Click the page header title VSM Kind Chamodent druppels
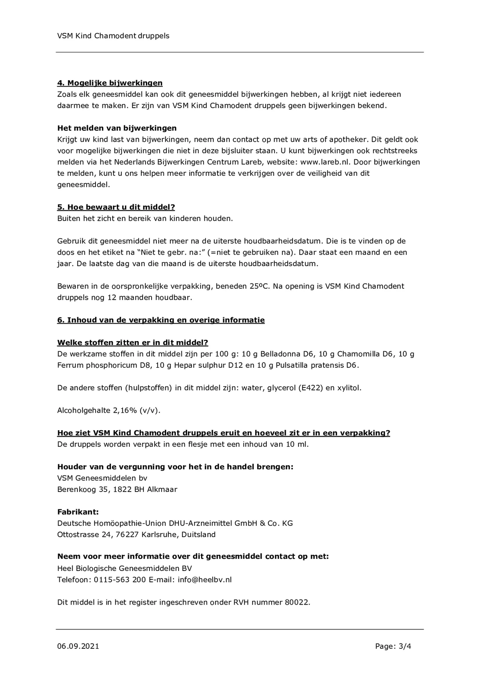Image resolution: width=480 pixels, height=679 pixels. click(113, 36)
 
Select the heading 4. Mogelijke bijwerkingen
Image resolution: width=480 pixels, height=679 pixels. click(110, 83)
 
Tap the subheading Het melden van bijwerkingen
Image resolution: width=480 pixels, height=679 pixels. click(117, 128)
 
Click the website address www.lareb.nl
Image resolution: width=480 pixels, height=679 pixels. click(325, 162)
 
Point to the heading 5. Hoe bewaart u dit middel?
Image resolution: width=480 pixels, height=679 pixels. click(116, 207)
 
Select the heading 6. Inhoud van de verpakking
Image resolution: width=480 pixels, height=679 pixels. click(161, 320)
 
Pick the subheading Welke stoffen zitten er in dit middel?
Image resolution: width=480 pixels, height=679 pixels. click(133, 342)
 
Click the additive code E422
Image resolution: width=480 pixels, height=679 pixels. click(310, 388)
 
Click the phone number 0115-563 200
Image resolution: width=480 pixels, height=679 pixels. click(120, 580)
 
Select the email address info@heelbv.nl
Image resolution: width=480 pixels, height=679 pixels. click(204, 580)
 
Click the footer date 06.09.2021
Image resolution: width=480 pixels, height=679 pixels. click(78, 646)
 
